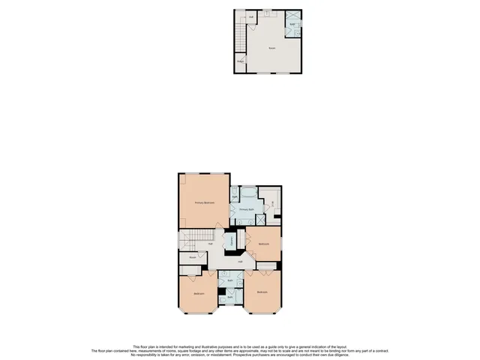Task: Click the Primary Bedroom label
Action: [x=204, y=202]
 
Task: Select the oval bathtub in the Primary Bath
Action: [x=247, y=192]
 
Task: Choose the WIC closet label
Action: [x=271, y=202]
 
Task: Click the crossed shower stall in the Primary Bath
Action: [x=260, y=219]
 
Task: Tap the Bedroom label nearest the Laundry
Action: [x=263, y=244]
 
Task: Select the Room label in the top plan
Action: [x=271, y=48]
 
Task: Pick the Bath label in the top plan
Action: [x=292, y=25]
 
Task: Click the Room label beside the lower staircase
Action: [x=193, y=257]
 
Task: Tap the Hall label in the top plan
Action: [x=250, y=16]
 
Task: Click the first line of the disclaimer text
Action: [x=240, y=346]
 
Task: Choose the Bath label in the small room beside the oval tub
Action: [x=234, y=197]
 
